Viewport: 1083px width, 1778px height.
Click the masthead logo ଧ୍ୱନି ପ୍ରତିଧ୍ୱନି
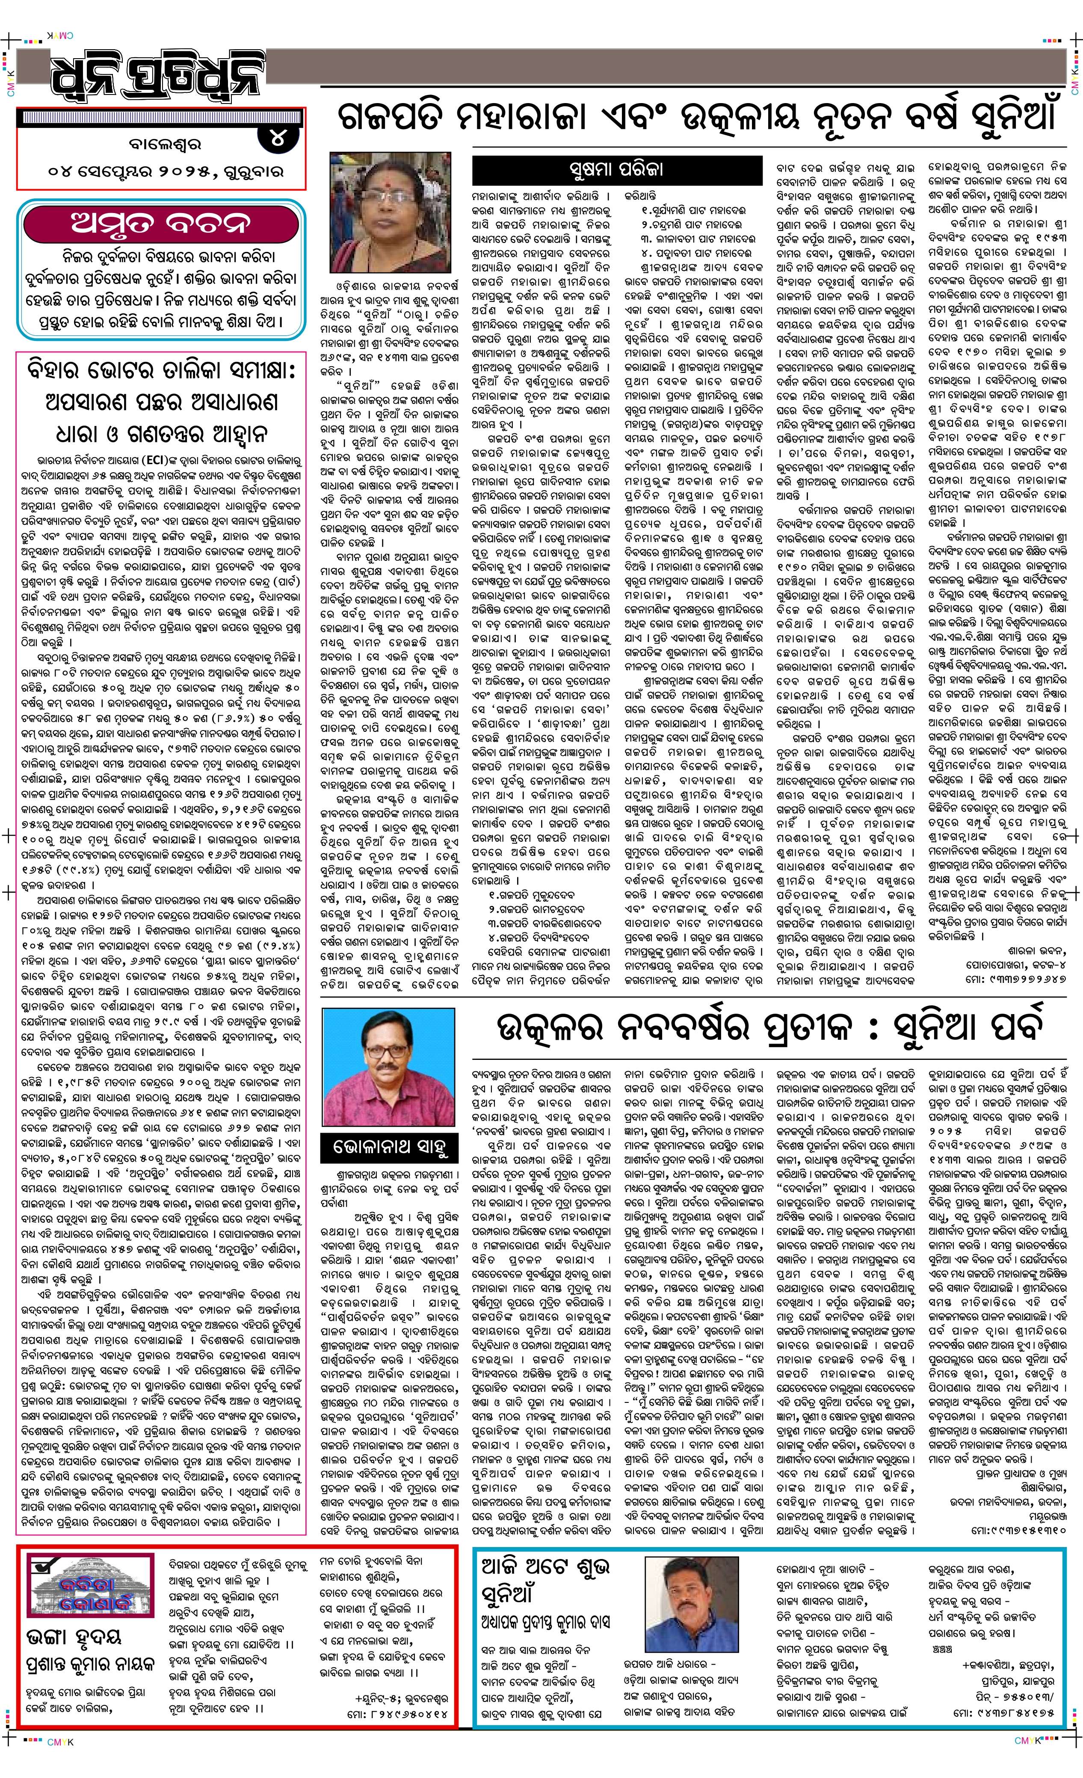pos(155,76)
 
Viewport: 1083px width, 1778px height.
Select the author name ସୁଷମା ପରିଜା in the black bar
pos(616,169)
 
